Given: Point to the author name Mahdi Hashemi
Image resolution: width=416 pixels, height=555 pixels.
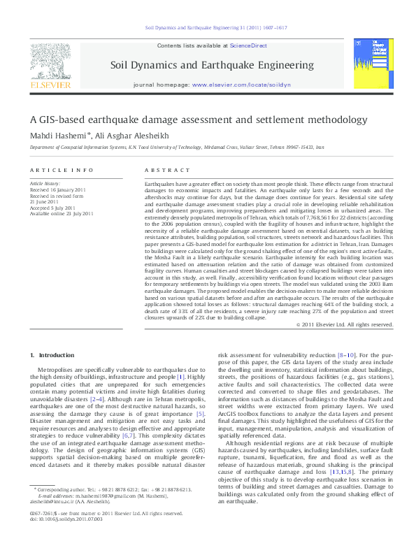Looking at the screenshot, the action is (57, 136).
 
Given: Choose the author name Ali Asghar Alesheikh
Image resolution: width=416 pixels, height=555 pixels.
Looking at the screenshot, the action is (125, 136).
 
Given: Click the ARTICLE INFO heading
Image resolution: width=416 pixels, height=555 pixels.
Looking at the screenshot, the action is (61, 171).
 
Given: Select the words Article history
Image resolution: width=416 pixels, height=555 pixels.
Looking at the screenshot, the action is (45, 184).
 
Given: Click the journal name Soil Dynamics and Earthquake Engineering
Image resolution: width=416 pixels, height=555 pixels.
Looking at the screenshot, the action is (212, 65).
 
